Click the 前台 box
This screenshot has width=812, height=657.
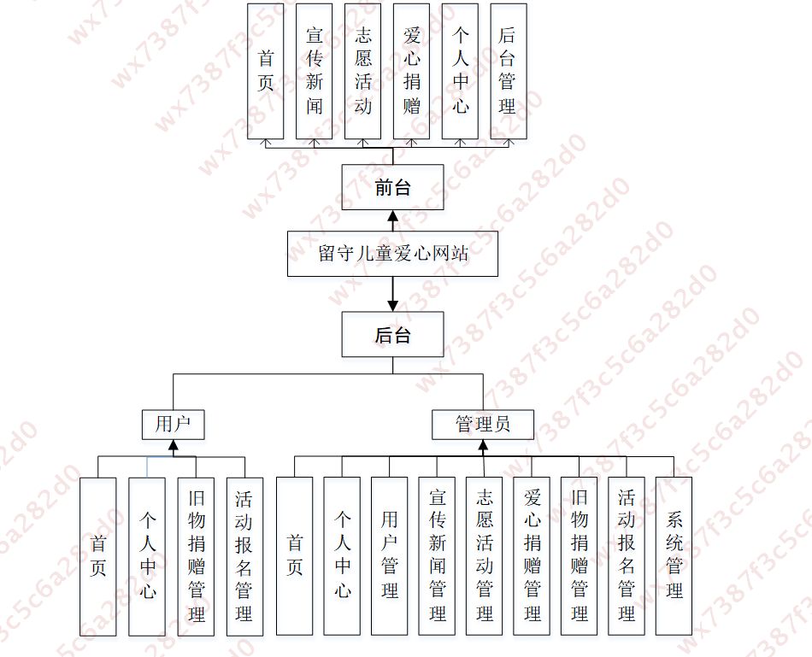(x=392, y=187)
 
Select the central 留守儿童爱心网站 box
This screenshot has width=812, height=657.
(x=392, y=254)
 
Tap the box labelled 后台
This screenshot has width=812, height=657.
(x=392, y=334)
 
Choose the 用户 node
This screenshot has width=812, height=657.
(x=173, y=424)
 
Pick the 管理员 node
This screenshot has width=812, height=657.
(x=483, y=424)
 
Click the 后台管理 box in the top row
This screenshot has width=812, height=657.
(x=508, y=71)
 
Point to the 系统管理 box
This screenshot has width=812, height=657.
(x=674, y=555)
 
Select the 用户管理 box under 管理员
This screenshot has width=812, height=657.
(x=390, y=555)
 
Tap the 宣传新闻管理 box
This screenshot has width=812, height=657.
(x=438, y=555)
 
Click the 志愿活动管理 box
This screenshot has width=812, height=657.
(x=485, y=555)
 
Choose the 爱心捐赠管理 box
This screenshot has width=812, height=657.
(x=532, y=555)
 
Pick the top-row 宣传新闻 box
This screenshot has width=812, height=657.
(x=314, y=71)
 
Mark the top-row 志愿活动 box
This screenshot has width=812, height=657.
(x=362, y=71)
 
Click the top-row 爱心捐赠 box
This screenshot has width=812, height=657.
(x=411, y=71)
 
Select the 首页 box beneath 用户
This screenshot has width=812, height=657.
(x=97, y=555)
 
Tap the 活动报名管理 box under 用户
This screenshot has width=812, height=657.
(x=244, y=555)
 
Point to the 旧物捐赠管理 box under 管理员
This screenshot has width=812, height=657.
(x=579, y=555)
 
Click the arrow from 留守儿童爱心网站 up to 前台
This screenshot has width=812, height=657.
(x=392, y=220)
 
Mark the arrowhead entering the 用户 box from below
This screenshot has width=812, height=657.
(x=173, y=445)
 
